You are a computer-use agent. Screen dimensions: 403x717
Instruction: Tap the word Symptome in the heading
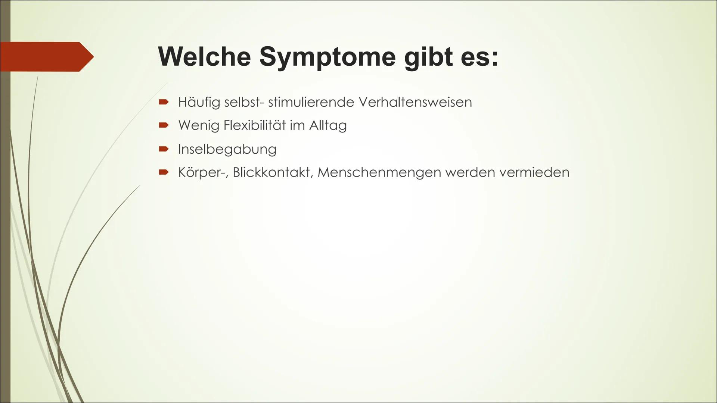coord(327,57)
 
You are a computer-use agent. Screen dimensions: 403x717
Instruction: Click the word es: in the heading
coord(482,57)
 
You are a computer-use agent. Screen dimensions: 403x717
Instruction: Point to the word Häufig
coord(199,102)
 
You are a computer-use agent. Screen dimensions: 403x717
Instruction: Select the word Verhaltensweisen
coord(415,102)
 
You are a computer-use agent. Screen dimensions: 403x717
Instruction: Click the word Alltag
coord(328,125)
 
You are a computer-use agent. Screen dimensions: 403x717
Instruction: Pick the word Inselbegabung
coord(227,149)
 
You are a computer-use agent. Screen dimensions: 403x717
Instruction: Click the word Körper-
coord(203,172)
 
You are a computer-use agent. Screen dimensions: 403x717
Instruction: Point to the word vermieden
coord(534,172)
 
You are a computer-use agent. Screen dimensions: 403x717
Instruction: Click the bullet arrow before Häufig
coord(164,102)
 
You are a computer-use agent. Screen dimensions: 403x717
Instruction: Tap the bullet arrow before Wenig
coord(164,125)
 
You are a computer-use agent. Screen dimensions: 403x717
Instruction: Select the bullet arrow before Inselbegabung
coord(164,149)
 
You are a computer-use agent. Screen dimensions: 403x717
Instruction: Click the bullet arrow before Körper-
coord(164,172)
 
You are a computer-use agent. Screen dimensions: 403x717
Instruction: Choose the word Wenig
coord(199,125)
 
